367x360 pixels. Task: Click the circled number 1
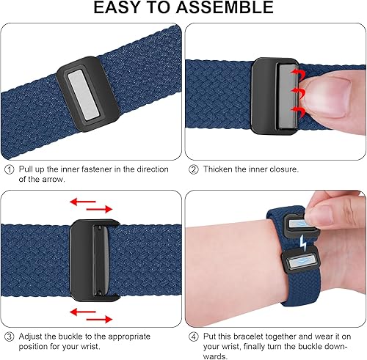coord(9,169)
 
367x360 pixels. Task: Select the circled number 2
coord(194,169)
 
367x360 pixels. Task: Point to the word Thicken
coord(218,169)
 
